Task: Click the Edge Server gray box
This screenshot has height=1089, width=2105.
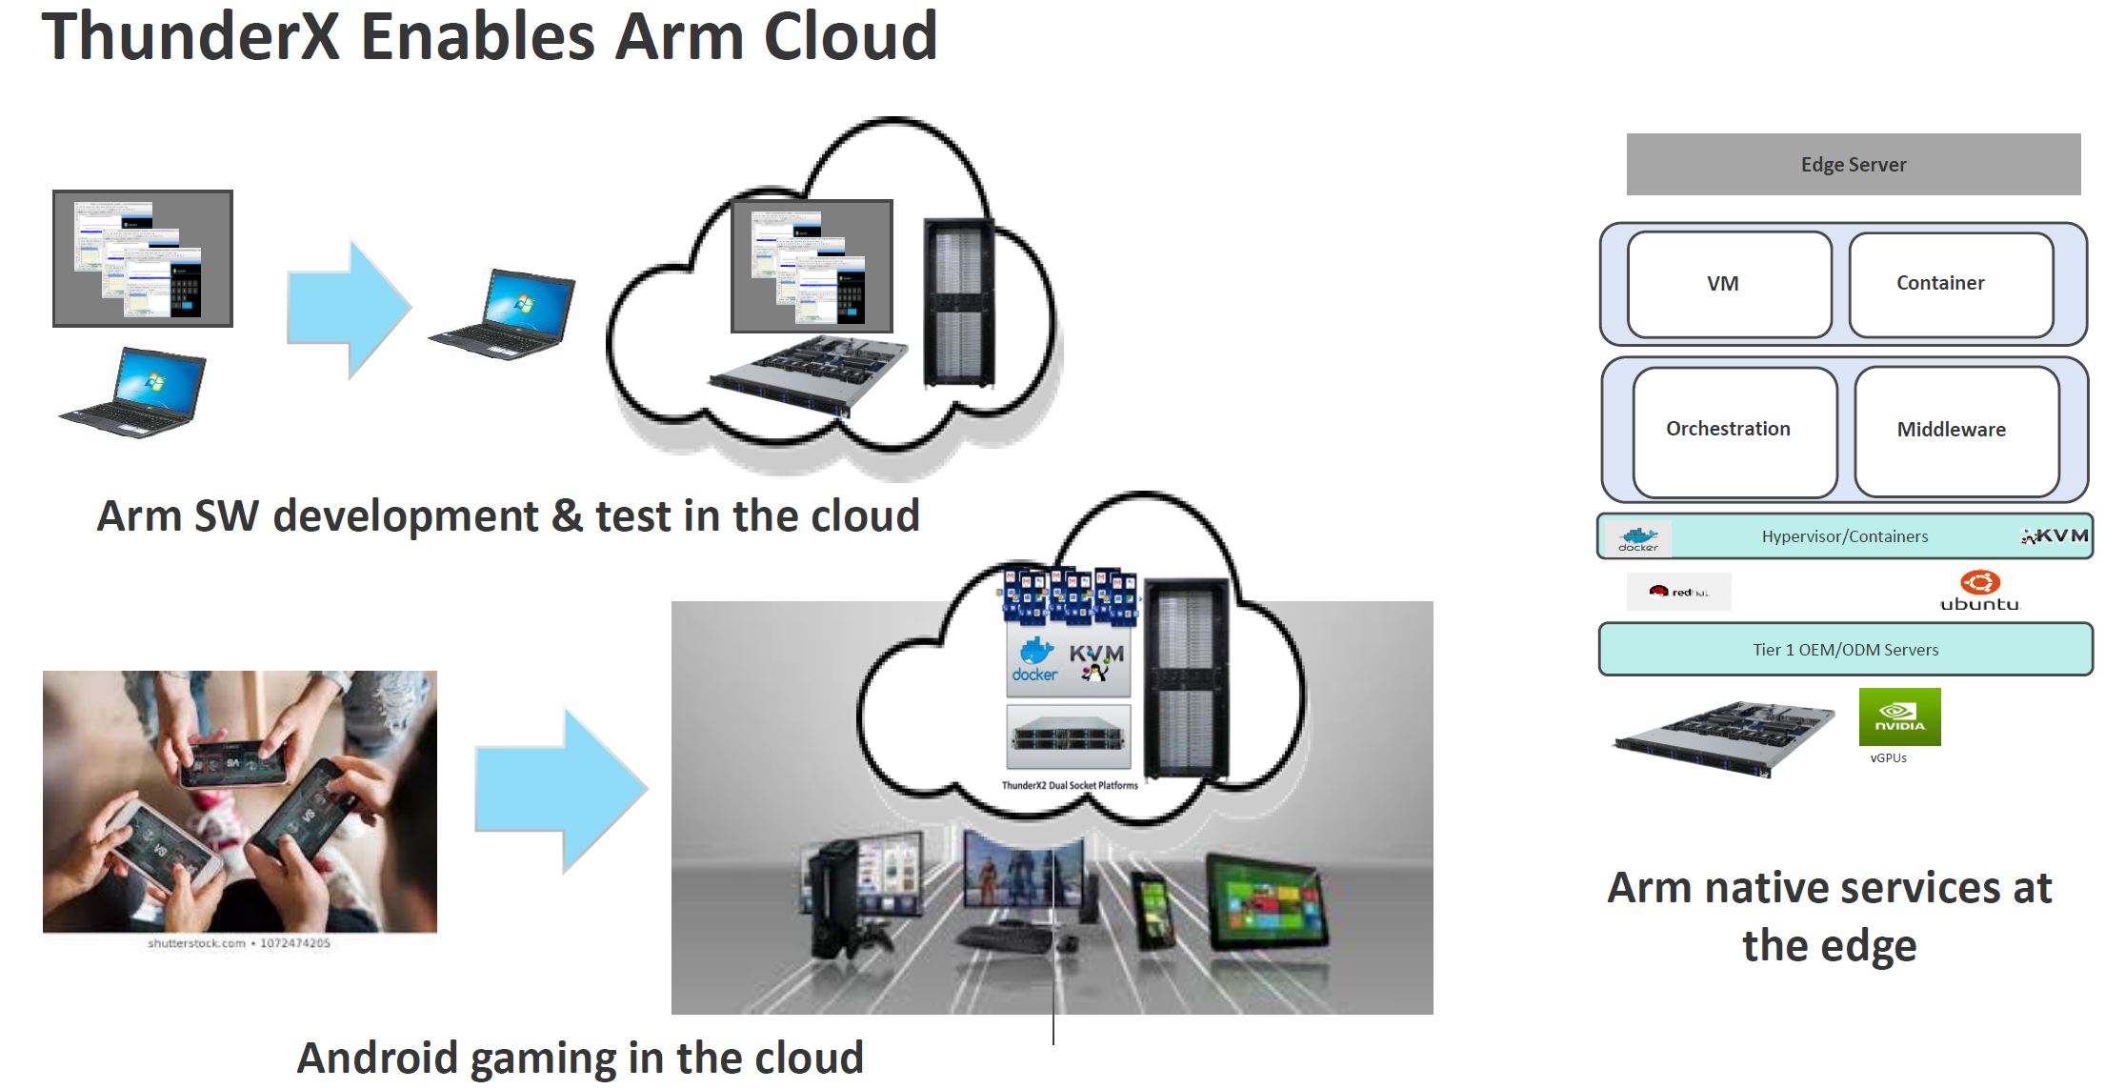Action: pyautogui.click(x=1853, y=165)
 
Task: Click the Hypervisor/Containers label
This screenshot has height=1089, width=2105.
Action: pyautogui.click(x=1844, y=536)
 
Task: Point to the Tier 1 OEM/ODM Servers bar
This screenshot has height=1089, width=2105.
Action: pyautogui.click(x=1845, y=650)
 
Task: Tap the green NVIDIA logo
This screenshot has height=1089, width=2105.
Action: pyautogui.click(x=1899, y=716)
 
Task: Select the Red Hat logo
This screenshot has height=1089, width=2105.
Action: pyautogui.click(x=1678, y=592)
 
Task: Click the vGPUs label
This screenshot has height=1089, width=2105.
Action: pyautogui.click(x=1888, y=758)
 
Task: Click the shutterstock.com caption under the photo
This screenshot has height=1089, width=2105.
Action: pyautogui.click(x=239, y=943)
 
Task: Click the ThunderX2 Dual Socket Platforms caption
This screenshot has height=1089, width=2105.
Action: pyautogui.click(x=1069, y=786)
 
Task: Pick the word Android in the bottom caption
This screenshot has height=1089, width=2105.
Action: pyautogui.click(x=378, y=1059)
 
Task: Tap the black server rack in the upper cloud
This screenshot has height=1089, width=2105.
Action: pyautogui.click(x=958, y=303)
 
